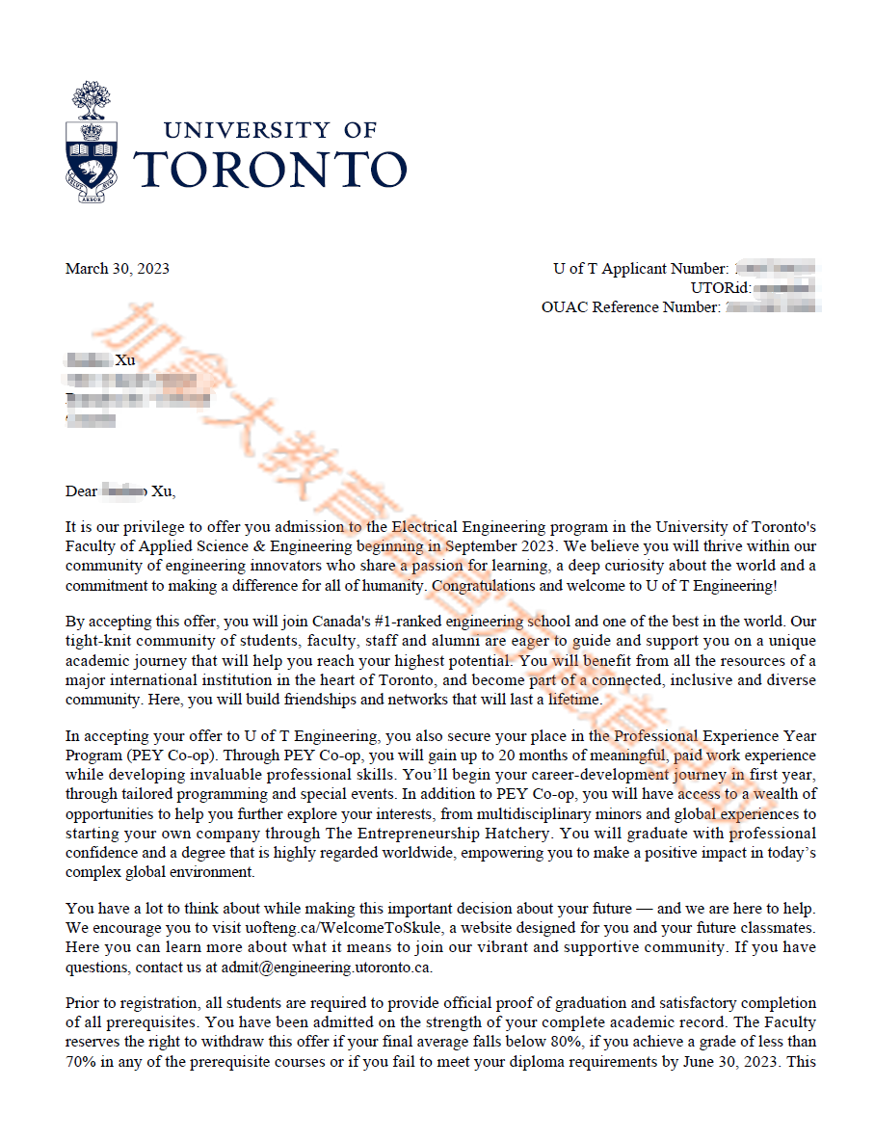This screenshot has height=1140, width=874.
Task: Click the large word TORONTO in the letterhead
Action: pos(270,170)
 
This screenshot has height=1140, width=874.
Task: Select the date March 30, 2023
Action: pos(117,269)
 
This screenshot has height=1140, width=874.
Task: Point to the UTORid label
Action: pos(721,288)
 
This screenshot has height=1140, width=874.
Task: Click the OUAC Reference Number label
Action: pos(630,307)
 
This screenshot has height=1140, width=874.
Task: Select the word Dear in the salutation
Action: pos(81,491)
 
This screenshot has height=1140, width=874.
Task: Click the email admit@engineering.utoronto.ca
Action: pos(327,966)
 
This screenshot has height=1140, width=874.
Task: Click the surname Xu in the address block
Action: pos(125,360)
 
